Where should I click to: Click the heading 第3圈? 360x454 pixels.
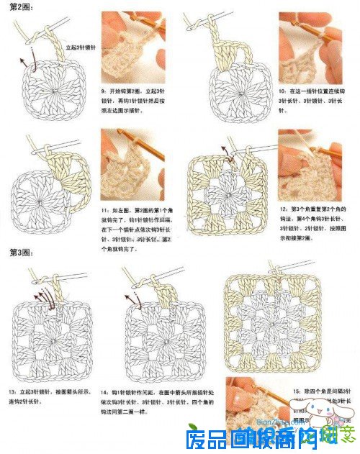point(19,253)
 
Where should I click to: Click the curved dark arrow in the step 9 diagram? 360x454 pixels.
point(27,60)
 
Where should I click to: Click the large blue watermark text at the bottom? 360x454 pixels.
point(252,438)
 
